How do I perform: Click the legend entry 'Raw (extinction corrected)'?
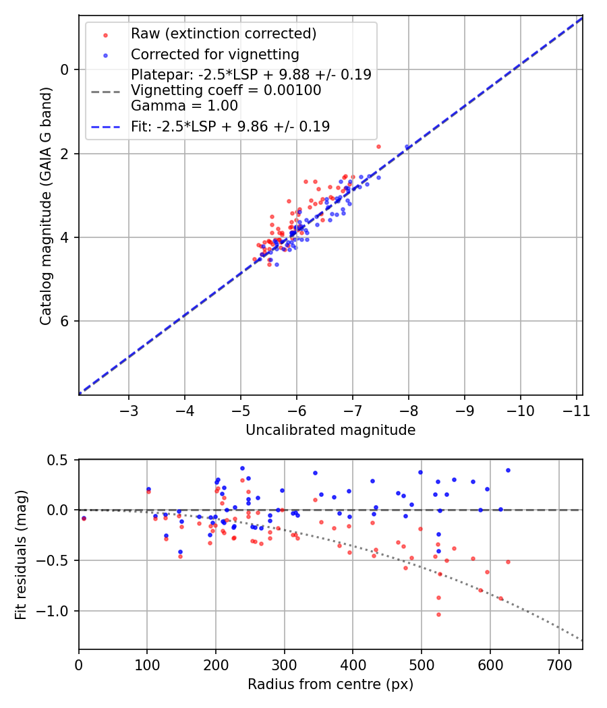tap(224, 34)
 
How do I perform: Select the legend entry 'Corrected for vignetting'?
tap(214, 54)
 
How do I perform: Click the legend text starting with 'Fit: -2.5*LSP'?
tap(230, 126)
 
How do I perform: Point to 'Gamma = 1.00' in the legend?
tap(184, 106)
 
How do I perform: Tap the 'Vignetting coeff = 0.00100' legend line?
tap(226, 90)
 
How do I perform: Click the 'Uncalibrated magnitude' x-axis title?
tap(330, 430)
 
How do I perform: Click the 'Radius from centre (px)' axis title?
tap(330, 684)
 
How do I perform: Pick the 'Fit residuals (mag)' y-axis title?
tap(22, 554)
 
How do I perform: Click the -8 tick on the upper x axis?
tap(409, 410)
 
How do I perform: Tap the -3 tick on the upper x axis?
tap(129, 410)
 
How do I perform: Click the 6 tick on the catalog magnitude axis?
tap(65, 321)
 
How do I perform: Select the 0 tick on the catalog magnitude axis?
tap(65, 69)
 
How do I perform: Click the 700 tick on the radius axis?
tap(558, 664)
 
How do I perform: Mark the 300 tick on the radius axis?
tap(284, 664)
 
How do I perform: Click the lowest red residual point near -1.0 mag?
tap(438, 614)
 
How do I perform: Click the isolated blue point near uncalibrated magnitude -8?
tap(407, 147)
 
